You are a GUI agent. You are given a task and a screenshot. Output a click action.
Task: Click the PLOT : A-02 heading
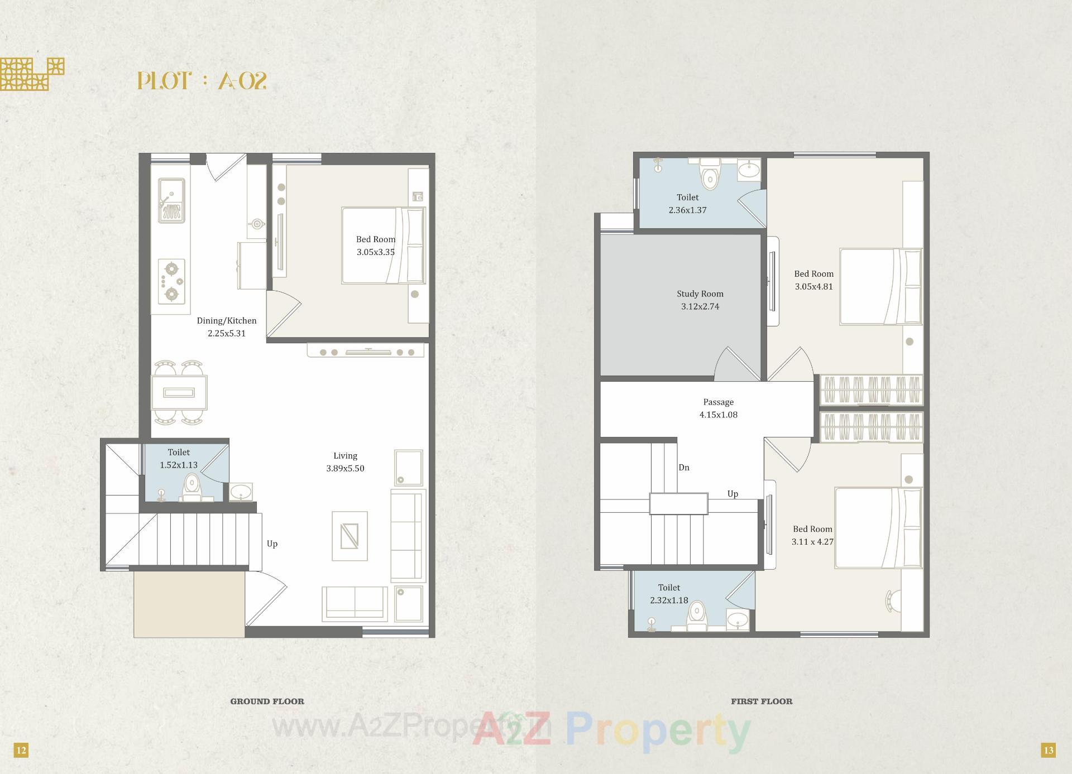pyautogui.click(x=202, y=81)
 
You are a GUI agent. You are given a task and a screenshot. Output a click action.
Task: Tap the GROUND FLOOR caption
pyautogui.click(x=267, y=701)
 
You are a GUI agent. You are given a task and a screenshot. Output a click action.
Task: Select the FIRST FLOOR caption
pyautogui.click(x=762, y=701)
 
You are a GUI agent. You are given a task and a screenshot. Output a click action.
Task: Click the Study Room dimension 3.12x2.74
pyautogui.click(x=700, y=306)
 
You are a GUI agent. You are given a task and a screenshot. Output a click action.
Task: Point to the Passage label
pyautogui.click(x=718, y=402)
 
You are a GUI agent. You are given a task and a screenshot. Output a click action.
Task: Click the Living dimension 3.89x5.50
pyautogui.click(x=345, y=468)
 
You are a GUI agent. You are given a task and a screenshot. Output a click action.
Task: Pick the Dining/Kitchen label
pyautogui.click(x=226, y=320)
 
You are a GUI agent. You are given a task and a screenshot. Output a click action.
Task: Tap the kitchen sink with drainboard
pyautogui.click(x=171, y=200)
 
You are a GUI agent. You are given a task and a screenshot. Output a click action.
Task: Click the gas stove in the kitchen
pyautogui.click(x=171, y=282)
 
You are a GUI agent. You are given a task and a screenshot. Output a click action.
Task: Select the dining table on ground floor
pyautogui.click(x=179, y=393)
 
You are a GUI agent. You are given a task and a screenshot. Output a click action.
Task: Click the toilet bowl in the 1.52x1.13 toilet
pyautogui.click(x=192, y=487)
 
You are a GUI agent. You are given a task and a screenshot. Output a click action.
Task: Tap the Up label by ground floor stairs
pyautogui.click(x=272, y=544)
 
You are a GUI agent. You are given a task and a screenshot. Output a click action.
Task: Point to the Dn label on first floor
pyautogui.click(x=684, y=468)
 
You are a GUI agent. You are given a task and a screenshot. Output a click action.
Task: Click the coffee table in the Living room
pyautogui.click(x=350, y=536)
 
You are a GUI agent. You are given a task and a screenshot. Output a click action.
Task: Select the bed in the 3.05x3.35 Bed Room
pyautogui.click(x=383, y=246)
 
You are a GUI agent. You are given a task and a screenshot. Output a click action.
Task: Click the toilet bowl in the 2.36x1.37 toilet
pyautogui.click(x=710, y=176)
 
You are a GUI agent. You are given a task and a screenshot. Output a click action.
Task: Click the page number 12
pyautogui.click(x=21, y=750)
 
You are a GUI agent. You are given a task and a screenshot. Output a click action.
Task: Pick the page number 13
pyautogui.click(x=1048, y=750)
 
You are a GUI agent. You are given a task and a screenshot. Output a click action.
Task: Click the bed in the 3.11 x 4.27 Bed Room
pyautogui.click(x=878, y=528)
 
